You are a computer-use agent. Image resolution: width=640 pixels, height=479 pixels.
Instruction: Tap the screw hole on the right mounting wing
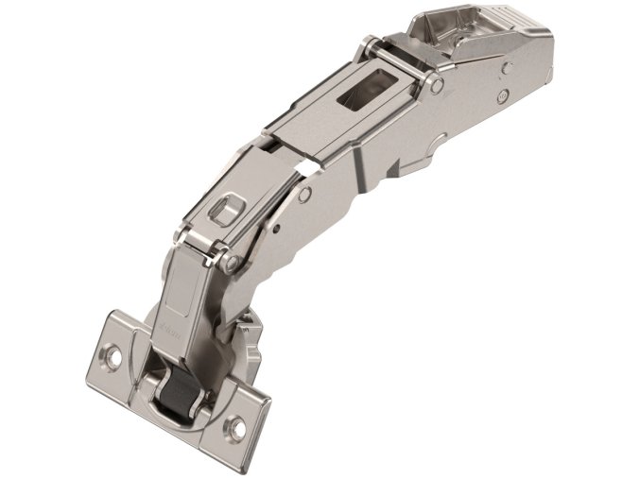237,429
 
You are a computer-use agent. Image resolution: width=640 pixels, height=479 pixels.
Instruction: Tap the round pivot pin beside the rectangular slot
437,85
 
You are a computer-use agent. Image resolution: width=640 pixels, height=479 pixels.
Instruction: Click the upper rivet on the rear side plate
508,67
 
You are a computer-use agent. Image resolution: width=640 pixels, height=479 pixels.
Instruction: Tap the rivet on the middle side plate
305,196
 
